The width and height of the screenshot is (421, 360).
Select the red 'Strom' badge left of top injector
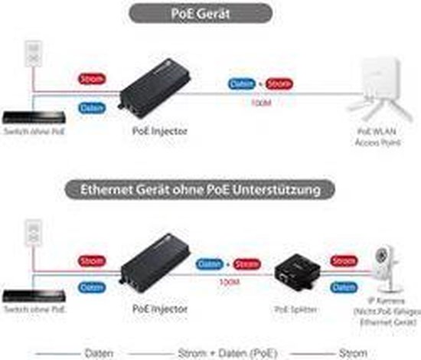tap(91, 78)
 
